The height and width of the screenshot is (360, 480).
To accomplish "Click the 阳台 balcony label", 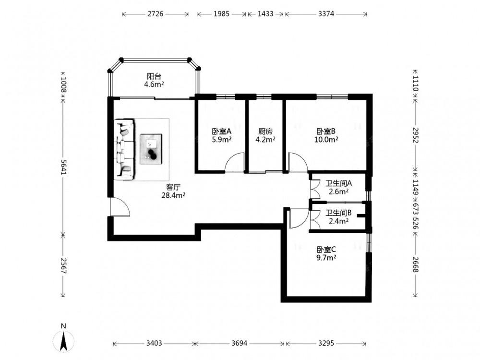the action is click(x=154, y=76).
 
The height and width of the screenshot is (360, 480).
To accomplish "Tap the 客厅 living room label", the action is click(x=173, y=187).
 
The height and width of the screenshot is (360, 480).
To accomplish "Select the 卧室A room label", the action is click(x=222, y=132).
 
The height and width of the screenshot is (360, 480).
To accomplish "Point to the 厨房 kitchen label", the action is click(x=265, y=132).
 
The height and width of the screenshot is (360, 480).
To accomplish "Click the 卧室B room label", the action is click(x=326, y=132).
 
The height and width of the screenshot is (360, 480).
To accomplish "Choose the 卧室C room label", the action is click(x=326, y=250).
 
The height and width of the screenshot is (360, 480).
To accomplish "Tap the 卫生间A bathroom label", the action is click(x=338, y=184).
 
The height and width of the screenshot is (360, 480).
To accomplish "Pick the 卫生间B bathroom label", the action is click(x=338, y=213).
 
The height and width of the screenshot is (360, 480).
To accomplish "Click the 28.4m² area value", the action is click(x=173, y=195).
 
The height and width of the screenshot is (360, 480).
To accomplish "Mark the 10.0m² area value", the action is click(x=326, y=140).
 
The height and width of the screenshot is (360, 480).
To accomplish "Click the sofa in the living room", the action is click(x=125, y=149).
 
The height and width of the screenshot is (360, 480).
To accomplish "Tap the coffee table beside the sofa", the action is click(x=151, y=149).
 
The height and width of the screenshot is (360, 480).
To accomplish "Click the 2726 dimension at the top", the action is click(x=156, y=14).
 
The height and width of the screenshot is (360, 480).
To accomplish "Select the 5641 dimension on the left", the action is click(x=64, y=167).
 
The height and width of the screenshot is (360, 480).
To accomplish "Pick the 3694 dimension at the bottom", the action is click(x=240, y=343).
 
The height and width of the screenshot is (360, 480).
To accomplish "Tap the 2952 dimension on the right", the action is click(x=415, y=135).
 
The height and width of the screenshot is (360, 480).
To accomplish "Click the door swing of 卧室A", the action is click(x=235, y=162).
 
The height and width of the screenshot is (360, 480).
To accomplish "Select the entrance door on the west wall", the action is click(x=120, y=207).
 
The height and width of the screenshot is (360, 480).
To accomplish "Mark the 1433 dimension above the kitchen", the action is click(x=265, y=14).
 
